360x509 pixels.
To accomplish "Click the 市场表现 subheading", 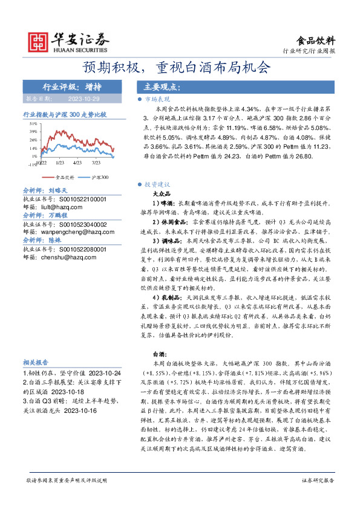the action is pyautogui.click(x=159, y=98).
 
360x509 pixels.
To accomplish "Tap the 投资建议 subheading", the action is pyautogui.click(x=159, y=184).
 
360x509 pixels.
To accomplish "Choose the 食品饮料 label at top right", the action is pyautogui.click(x=315, y=41).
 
